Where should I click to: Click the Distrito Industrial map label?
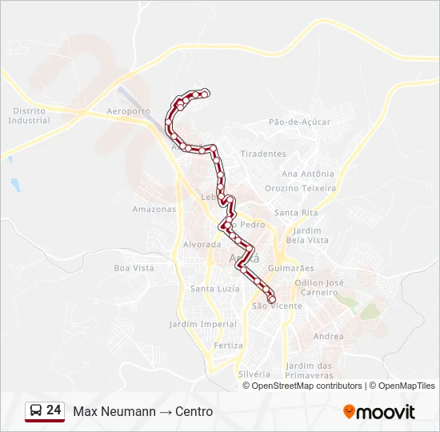coord(29,116)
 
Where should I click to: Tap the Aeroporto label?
coord(128,111)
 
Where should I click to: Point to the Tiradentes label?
coord(263,154)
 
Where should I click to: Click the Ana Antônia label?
coord(308,174)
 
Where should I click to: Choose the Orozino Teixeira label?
coord(301,188)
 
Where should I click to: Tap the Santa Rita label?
coord(296,213)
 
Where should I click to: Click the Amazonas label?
coord(154,210)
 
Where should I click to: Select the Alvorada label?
coord(202,245)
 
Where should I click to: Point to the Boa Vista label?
coord(134,268)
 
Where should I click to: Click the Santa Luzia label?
coord(214,288)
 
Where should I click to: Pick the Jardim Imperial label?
coord(203,324)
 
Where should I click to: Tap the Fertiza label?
coord(228,346)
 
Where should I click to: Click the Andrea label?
coord(329,337)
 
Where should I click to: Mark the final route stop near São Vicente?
coord(272,299)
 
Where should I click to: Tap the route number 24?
coord(54,410)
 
